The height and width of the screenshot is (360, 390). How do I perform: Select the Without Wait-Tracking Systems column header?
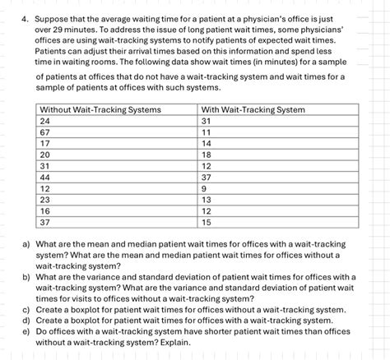pos(100,109)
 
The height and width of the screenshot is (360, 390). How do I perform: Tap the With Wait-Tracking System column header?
pos(253,109)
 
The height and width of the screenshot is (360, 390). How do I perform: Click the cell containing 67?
pos(45,132)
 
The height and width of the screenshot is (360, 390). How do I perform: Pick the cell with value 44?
pos(45,177)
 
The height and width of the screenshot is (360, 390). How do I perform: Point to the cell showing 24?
pos(45,121)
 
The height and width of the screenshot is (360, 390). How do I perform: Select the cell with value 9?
pos(205,188)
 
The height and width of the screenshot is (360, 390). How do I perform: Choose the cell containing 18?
pos(207,155)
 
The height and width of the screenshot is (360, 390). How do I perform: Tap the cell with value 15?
pos(207,222)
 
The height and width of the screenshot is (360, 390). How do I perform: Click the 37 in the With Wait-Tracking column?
pos(207,177)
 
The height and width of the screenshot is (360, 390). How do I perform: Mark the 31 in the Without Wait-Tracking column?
pos(45,165)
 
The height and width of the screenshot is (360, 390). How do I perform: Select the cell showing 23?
pos(45,199)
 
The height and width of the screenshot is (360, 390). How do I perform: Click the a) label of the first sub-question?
pos(27,244)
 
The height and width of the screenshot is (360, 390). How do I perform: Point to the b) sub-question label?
pos(27,277)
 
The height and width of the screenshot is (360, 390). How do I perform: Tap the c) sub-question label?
pos(27,310)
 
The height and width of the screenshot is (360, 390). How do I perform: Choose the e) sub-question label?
pos(27,331)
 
